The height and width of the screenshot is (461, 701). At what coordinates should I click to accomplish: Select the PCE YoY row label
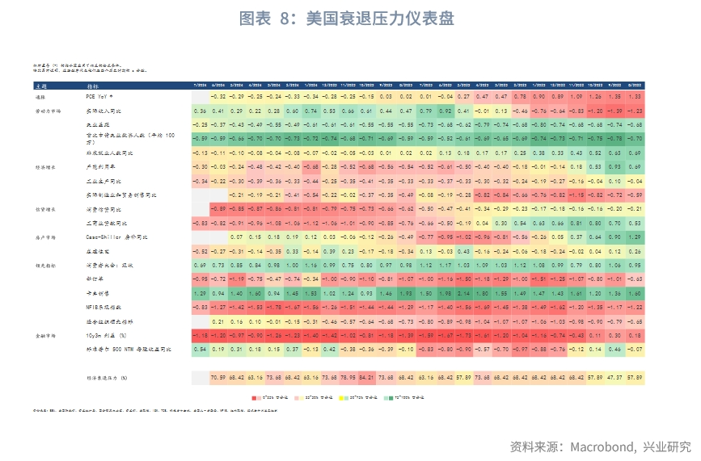pyautogui.click(x=96, y=96)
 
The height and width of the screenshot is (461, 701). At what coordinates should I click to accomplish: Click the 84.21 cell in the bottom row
pyautogui.click(x=367, y=377)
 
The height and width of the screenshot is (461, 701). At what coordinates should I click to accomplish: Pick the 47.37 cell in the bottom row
pyautogui.click(x=616, y=377)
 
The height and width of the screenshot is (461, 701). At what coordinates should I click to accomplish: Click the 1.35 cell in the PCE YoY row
pyautogui.click(x=616, y=96)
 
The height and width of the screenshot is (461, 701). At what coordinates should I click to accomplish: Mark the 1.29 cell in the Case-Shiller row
pyautogui.click(x=635, y=237)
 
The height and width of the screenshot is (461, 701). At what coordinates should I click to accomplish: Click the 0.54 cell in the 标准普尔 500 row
pyautogui.click(x=201, y=350)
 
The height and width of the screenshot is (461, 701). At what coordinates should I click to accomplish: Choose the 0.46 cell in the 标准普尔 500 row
pyautogui.click(x=616, y=350)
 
